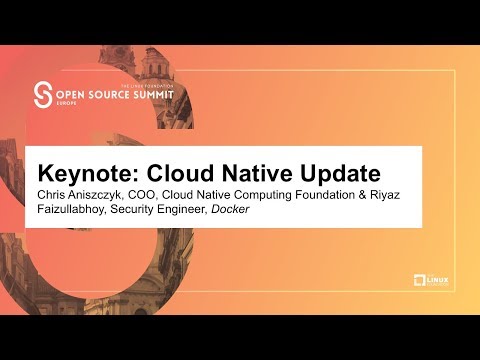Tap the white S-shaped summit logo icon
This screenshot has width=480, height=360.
point(43,95)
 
